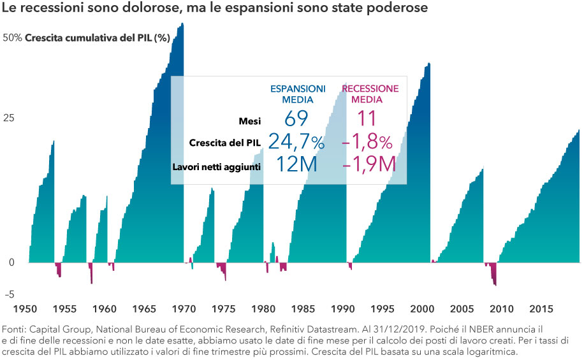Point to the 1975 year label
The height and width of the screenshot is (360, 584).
[x=223, y=309]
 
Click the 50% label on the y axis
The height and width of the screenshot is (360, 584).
[x=13, y=38]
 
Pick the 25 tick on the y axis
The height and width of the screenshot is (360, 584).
[x=9, y=119]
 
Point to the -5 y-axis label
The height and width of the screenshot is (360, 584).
[x=9, y=294]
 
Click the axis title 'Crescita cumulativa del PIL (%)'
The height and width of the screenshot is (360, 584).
[x=98, y=38]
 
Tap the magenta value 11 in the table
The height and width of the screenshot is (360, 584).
[x=366, y=119]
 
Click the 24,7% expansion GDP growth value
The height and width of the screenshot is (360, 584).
[x=296, y=142]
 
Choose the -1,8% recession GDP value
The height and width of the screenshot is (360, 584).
[x=367, y=142]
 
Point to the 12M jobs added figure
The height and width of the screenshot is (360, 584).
[x=296, y=165]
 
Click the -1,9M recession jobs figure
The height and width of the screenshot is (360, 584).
[x=369, y=165]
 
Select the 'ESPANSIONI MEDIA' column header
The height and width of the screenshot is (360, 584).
[x=297, y=94]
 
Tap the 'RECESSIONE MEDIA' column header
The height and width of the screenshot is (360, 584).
[x=370, y=94]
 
